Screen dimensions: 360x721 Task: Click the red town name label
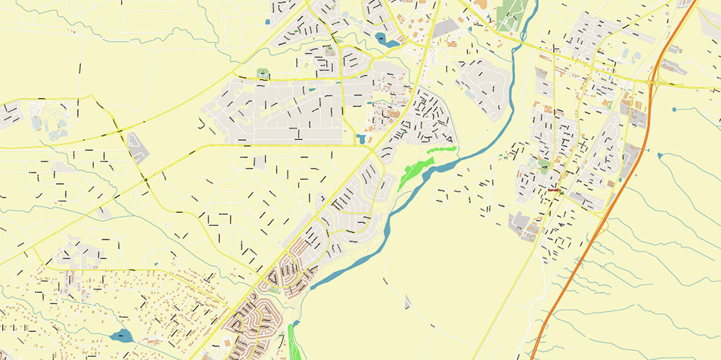click(x=554, y=190)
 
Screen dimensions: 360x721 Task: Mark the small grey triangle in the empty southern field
click(x=408, y=300)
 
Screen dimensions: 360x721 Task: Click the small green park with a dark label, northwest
click(x=262, y=74)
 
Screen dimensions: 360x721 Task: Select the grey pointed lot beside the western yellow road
click(x=137, y=147)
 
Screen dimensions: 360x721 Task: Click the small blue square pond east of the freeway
click(x=659, y=154)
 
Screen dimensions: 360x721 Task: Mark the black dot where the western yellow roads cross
click(x=146, y=179)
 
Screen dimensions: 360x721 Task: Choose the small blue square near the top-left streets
click(x=267, y=22)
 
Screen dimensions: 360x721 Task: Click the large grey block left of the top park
click(x=446, y=28)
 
